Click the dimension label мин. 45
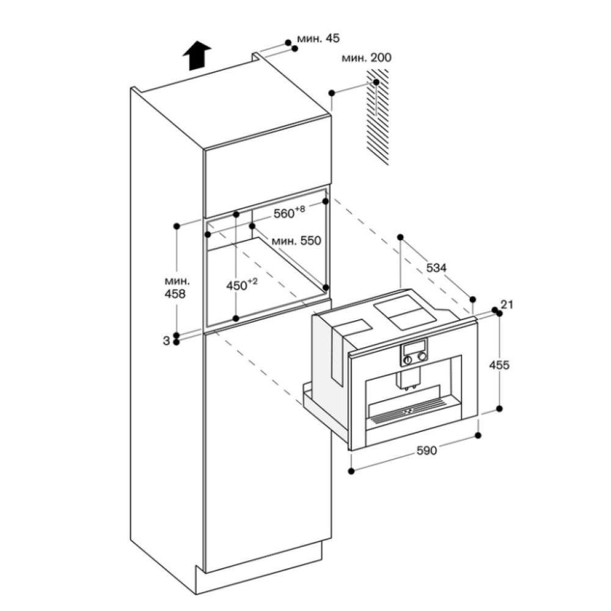tap(318, 39)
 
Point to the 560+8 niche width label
tap(289, 213)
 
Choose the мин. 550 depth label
tap(296, 241)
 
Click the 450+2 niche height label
tap(242, 285)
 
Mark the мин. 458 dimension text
tap(177, 287)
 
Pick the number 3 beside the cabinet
tap(166, 341)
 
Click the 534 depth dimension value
tap(436, 268)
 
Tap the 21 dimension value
tap(506, 304)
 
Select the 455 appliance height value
tap(499, 365)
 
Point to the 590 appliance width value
tap(427, 451)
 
